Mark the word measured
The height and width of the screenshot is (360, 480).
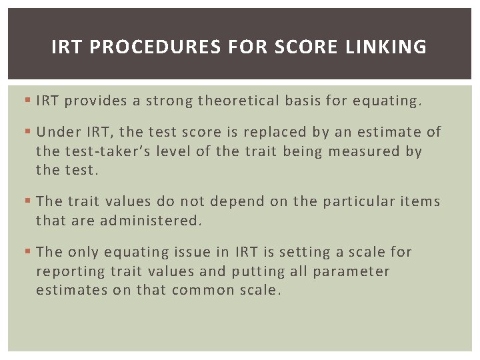pos(368,151)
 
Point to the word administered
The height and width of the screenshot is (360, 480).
pos(150,221)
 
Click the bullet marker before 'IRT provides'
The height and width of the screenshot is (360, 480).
pos(27,101)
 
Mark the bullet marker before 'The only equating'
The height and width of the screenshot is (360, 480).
pos(27,252)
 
